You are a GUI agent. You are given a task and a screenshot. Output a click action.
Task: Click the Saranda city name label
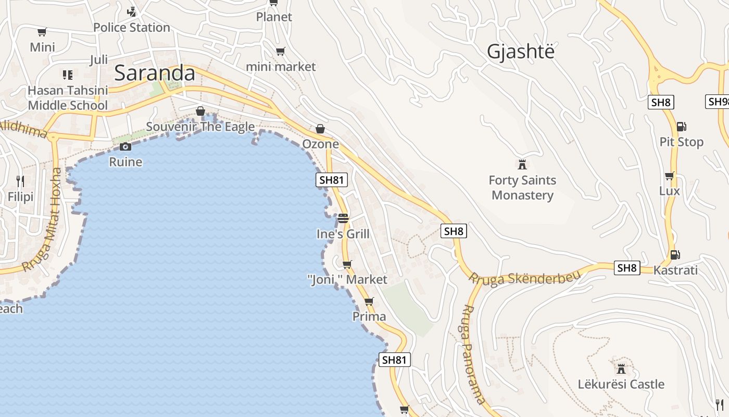(155, 73)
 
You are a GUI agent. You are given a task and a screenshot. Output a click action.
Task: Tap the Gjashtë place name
(520, 52)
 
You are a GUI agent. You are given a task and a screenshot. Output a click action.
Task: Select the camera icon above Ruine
(125, 146)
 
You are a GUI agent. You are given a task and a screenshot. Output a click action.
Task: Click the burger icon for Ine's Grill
(343, 218)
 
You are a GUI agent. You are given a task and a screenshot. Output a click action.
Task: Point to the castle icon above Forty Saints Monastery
(522, 165)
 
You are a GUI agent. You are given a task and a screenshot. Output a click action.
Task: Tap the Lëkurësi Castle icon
(621, 369)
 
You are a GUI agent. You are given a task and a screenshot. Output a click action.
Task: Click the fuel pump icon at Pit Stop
(681, 126)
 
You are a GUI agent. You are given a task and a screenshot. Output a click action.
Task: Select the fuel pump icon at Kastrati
(675, 254)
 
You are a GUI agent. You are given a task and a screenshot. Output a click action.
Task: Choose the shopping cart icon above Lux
(669, 176)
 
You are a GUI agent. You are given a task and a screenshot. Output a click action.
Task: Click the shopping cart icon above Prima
(369, 301)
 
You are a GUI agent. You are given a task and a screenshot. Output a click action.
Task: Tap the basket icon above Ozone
(320, 129)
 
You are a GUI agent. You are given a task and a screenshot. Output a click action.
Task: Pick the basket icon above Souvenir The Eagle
(200, 111)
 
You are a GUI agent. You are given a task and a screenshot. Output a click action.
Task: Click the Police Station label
(132, 27)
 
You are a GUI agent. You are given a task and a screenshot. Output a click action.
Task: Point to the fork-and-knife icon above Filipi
(20, 181)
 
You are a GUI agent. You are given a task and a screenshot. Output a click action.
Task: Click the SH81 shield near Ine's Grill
(332, 180)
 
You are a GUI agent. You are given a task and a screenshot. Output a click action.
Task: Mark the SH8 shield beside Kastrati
(627, 268)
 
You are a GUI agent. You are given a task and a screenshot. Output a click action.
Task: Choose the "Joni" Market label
(347, 280)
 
